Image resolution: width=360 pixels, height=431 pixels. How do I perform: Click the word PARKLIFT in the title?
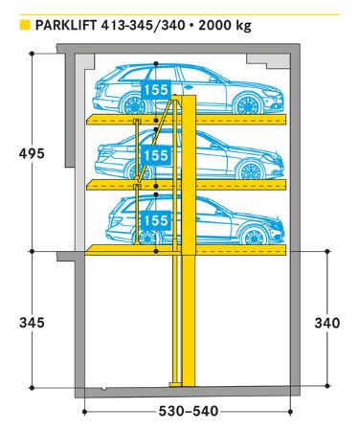[x=65, y=25]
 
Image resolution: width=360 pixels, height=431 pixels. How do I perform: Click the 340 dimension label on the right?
[x=326, y=323]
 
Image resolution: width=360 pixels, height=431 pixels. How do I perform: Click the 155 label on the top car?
[x=155, y=91]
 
